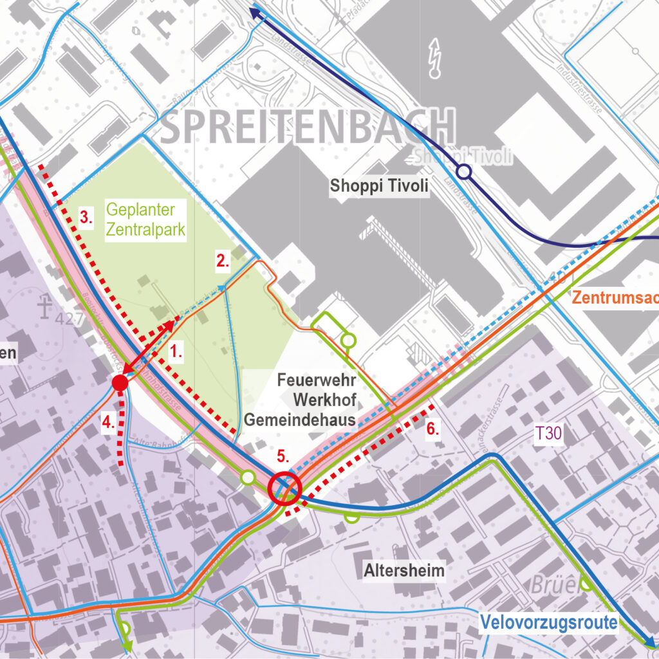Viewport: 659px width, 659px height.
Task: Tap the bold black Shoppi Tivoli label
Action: click(379, 186)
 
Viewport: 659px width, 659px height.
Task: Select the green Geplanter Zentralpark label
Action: click(146, 219)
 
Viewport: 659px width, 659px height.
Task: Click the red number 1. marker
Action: click(176, 351)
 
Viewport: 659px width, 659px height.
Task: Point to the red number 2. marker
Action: click(223, 261)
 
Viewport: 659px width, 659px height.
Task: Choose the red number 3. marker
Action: click(86, 216)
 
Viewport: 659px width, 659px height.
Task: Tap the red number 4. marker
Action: click(108, 423)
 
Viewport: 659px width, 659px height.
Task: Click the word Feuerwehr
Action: click(317, 380)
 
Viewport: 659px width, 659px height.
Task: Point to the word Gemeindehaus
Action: click(300, 421)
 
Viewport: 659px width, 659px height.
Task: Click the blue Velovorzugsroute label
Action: click(549, 622)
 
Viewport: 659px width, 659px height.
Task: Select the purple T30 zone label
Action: click(548, 434)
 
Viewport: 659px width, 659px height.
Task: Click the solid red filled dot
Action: click(120, 383)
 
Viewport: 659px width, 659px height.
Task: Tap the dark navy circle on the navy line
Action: click(463, 172)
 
